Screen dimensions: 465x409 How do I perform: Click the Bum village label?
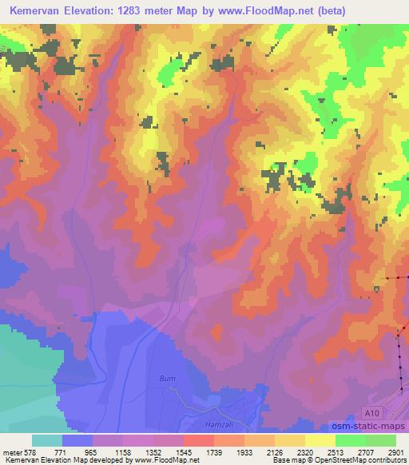pyautogui.click(x=167, y=377)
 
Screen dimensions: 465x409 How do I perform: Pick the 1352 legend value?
pyautogui.click(x=153, y=451)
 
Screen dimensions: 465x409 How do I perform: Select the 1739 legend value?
pyautogui.click(x=214, y=451)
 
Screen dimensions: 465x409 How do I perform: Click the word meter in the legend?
pyautogui.click(x=12, y=451)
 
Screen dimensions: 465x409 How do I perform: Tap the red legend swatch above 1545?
pyautogui.click(x=199, y=440)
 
